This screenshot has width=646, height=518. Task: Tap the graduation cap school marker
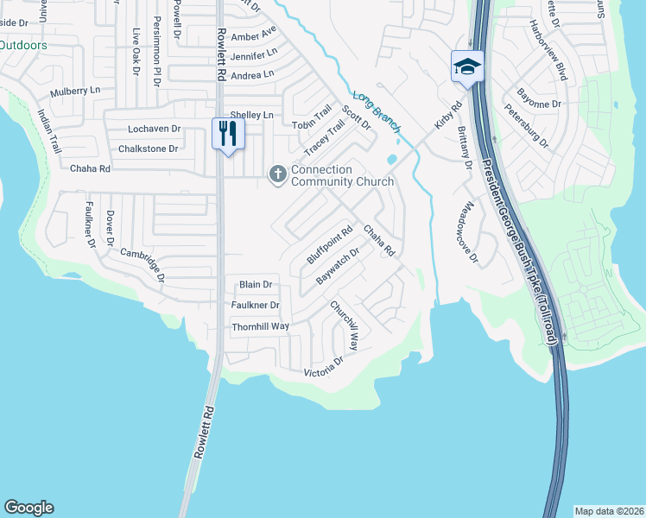click(x=466, y=66)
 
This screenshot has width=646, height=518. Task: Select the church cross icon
click(x=278, y=175)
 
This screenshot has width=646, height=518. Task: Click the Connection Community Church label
click(x=342, y=176)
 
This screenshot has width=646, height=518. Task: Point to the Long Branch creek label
click(x=376, y=110)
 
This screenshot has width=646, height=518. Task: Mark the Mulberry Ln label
click(x=75, y=90)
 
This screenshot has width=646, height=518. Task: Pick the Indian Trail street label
click(x=50, y=130)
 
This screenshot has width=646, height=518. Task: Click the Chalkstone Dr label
click(x=152, y=148)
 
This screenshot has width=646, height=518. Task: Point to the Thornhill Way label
click(x=260, y=327)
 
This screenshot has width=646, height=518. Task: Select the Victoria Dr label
click(x=324, y=372)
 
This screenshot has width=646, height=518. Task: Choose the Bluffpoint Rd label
click(x=331, y=246)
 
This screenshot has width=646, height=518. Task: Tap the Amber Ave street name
click(x=254, y=35)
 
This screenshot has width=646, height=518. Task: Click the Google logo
click(x=28, y=508)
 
